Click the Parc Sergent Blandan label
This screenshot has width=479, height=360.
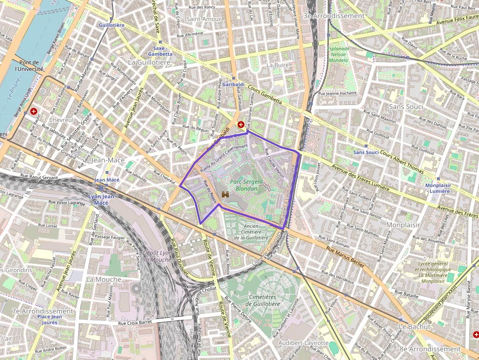click(246, 185)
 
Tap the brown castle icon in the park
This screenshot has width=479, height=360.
click(226, 194)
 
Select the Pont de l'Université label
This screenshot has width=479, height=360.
click(29, 65)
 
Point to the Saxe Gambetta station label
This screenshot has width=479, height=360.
click(160, 51)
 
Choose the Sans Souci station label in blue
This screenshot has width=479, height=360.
click(366, 152)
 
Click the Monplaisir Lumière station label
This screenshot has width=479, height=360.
click(437, 188)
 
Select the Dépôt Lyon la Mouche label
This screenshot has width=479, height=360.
click(157, 256)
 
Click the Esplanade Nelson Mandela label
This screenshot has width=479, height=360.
click(338, 54)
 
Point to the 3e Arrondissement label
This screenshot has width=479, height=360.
click(334, 16)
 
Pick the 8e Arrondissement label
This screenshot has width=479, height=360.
click(430, 349)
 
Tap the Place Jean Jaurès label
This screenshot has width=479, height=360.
click(49, 319)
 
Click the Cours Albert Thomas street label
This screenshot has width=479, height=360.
click(402, 161)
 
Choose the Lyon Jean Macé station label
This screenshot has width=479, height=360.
click(101, 199)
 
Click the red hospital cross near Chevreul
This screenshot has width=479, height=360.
click(34, 111)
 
